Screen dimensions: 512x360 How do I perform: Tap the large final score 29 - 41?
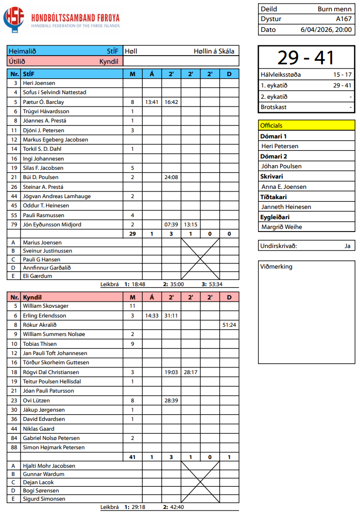click(306, 58)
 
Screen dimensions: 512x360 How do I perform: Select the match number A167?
click(344, 19)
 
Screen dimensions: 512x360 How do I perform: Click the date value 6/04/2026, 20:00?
click(326, 29)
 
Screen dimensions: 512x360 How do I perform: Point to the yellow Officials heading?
click(271, 125)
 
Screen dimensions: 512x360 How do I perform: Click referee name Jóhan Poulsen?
click(282, 166)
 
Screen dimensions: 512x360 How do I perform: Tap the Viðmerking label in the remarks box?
click(277, 267)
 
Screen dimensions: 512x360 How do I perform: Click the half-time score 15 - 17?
click(342, 75)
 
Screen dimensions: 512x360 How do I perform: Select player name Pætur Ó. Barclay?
click(43, 102)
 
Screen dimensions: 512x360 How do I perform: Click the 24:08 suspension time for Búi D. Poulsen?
click(171, 178)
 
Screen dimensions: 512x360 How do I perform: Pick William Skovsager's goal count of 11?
click(132, 306)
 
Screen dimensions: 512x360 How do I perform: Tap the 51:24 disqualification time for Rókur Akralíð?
click(229, 325)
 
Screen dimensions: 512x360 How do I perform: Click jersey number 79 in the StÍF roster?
click(15, 225)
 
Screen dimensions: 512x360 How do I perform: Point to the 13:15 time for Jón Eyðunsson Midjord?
click(191, 225)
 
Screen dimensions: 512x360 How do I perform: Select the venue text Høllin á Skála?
click(214, 51)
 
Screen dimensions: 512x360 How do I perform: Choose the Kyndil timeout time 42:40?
click(177, 507)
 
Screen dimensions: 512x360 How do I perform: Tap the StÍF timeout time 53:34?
click(216, 284)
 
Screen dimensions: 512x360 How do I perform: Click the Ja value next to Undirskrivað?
click(348, 246)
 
